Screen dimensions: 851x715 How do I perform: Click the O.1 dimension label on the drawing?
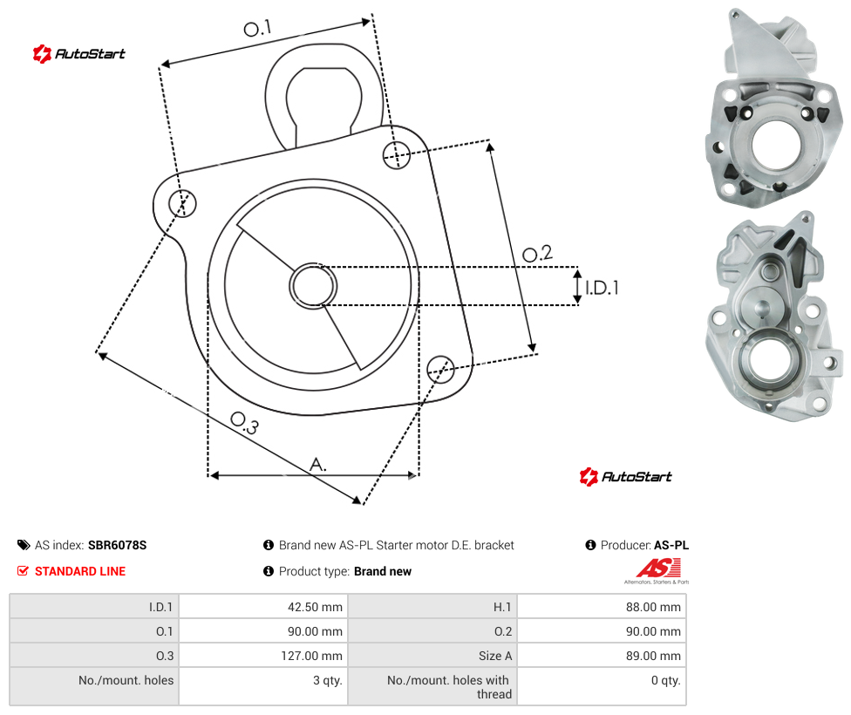pyautogui.click(x=257, y=28)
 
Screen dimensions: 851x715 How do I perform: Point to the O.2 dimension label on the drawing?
pyautogui.click(x=537, y=253)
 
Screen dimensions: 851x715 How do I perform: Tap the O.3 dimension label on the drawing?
pyautogui.click(x=244, y=423)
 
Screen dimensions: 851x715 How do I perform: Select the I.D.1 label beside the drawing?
pyautogui.click(x=602, y=287)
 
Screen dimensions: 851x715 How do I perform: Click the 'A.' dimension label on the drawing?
pyautogui.click(x=318, y=465)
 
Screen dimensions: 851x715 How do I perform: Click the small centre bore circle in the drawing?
pyautogui.click(x=313, y=286)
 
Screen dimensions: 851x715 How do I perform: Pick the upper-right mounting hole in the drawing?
pyautogui.click(x=397, y=154)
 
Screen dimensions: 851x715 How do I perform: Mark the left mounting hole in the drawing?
pyautogui.click(x=182, y=203)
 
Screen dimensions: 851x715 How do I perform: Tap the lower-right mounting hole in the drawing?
pyautogui.click(x=440, y=369)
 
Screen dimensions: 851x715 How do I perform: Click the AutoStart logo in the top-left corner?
pyautogui.click(x=78, y=54)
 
